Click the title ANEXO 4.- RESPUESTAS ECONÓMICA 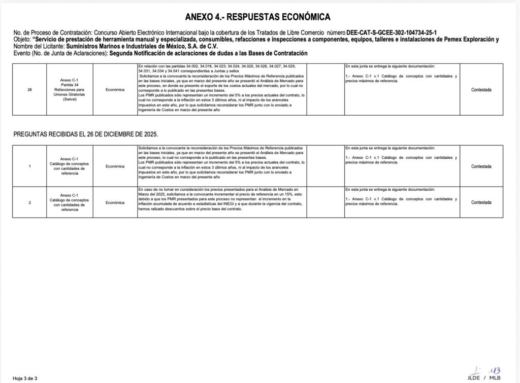(x=257, y=17)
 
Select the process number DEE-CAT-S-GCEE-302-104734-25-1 (x=395, y=32)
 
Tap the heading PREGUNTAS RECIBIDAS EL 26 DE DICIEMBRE (x=86, y=134)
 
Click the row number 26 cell (x=29, y=90)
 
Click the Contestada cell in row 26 (x=481, y=90)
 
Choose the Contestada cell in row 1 (x=481, y=166)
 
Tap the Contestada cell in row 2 (x=481, y=202)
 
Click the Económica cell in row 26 (x=115, y=90)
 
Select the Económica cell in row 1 (x=115, y=166)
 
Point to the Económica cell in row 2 (x=115, y=202)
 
